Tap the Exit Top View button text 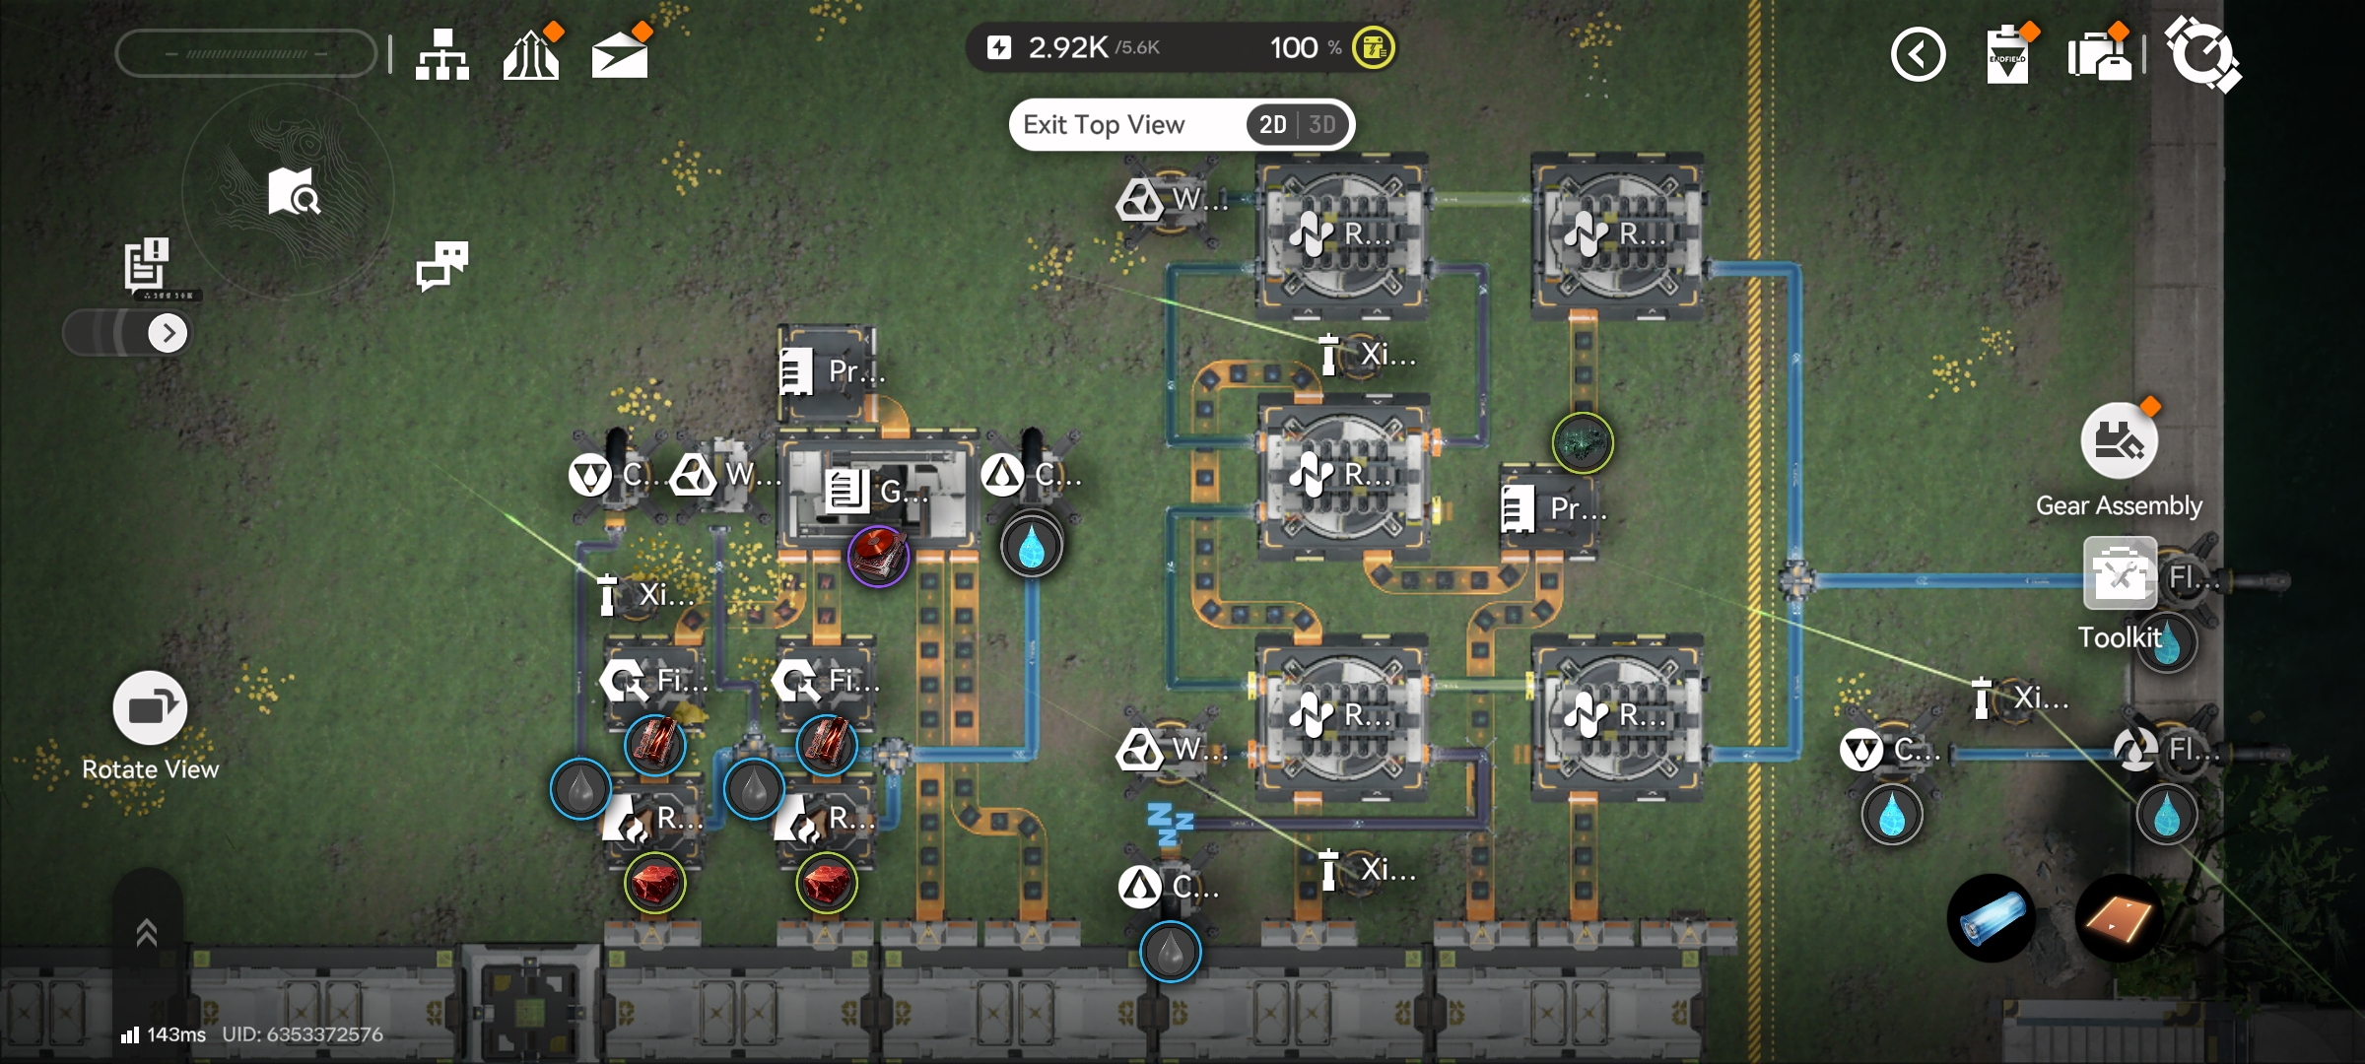(1104, 125)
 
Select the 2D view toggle (1272, 125)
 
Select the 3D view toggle (1322, 125)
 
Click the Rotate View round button (150, 708)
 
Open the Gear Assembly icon (2119, 441)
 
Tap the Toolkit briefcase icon (2120, 574)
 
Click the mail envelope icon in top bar (619, 54)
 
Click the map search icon (293, 191)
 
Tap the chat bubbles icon (441, 265)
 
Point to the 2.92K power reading (1068, 47)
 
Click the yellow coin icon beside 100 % (1373, 47)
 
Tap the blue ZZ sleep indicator (1171, 824)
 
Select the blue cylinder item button (1992, 918)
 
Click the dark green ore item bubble (1583, 443)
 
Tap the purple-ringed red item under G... (878, 556)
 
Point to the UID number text (303, 1034)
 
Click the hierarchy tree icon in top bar (441, 54)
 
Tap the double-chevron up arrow (147, 932)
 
